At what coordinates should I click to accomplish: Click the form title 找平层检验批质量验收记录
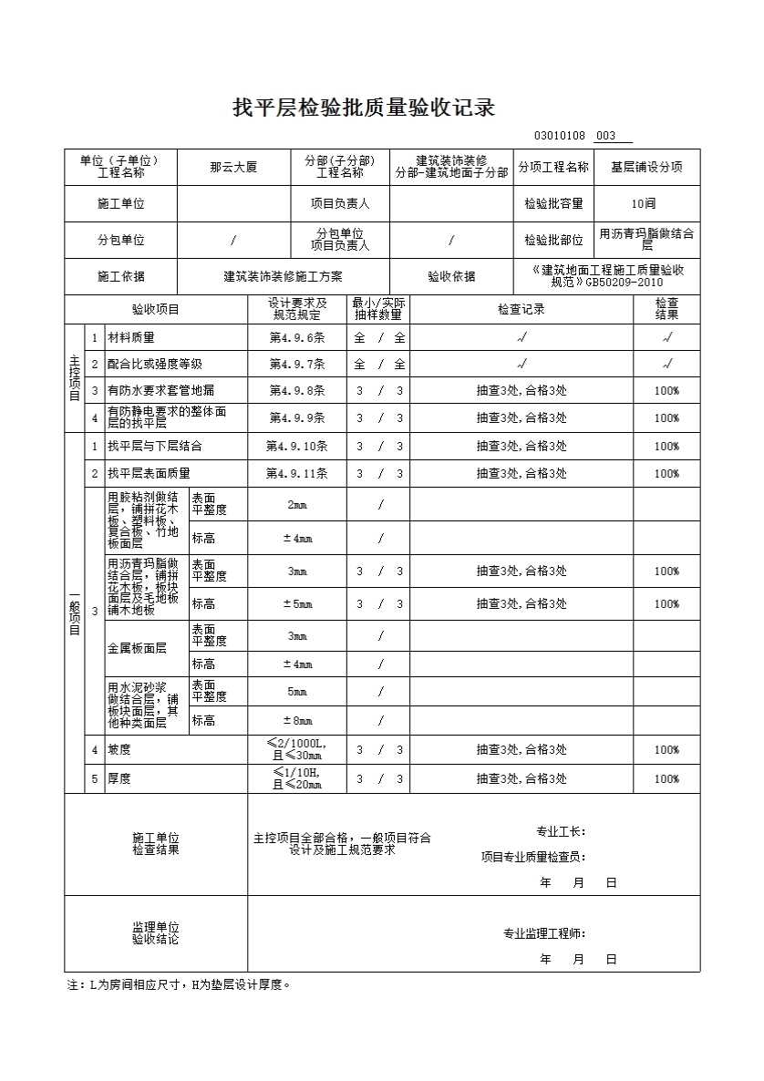click(364, 108)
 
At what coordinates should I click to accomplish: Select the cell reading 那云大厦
click(233, 168)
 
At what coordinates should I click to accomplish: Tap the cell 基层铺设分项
click(646, 168)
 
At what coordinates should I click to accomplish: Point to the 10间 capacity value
click(644, 204)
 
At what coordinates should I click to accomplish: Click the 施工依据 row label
click(120, 276)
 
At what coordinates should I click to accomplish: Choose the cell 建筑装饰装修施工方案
click(283, 276)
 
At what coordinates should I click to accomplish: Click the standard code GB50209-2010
click(624, 283)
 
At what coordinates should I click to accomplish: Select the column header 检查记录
click(521, 309)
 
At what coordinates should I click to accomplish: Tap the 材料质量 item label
click(131, 337)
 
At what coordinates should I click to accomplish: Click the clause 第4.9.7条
click(296, 365)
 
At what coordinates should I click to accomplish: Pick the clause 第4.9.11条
click(296, 474)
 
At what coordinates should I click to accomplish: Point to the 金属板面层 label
click(137, 649)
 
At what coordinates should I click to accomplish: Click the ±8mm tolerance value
click(296, 721)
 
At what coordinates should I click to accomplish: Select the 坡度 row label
click(119, 750)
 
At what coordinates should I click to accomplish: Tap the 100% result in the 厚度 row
click(666, 779)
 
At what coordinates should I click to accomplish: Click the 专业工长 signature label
click(561, 831)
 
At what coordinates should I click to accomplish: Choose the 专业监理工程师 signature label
click(545, 933)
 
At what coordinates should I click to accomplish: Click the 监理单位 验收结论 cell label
click(156, 933)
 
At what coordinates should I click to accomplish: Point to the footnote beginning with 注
click(179, 985)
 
